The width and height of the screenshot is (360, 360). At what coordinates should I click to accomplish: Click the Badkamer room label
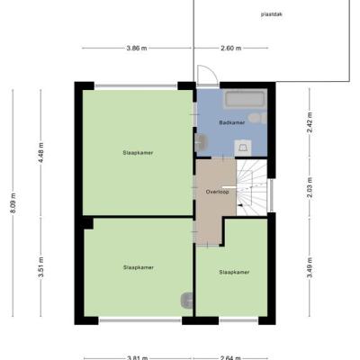pyautogui.click(x=232, y=122)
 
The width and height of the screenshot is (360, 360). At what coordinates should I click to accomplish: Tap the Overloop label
pyautogui.click(x=217, y=192)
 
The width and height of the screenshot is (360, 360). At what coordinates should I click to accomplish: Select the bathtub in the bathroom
pyautogui.click(x=246, y=99)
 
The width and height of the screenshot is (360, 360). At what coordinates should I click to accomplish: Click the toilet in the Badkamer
pyautogui.click(x=257, y=118)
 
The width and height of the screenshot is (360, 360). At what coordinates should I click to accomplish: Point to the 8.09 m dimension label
pyautogui.click(x=13, y=203)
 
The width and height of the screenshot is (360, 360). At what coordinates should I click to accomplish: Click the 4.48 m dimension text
pyautogui.click(x=41, y=152)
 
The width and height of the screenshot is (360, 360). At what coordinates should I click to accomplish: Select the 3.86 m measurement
pyautogui.click(x=137, y=48)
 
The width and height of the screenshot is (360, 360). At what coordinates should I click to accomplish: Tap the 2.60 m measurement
pyautogui.click(x=231, y=48)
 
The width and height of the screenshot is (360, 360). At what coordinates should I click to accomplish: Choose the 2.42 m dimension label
pyautogui.click(x=310, y=122)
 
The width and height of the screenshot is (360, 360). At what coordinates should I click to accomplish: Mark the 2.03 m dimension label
pyautogui.click(x=310, y=187)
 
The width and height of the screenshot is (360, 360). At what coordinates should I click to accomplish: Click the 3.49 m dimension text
pyautogui.click(x=310, y=267)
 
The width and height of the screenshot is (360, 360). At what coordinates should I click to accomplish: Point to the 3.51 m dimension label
pyautogui.click(x=41, y=267)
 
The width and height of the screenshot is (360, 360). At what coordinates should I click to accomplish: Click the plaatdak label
pyautogui.click(x=272, y=14)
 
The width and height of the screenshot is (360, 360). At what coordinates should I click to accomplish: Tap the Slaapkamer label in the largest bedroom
pyautogui.click(x=138, y=153)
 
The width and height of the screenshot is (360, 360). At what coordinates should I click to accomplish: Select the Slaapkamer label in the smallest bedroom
pyautogui.click(x=234, y=273)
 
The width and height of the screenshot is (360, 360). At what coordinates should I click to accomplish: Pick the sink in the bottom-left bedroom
pyautogui.click(x=186, y=300)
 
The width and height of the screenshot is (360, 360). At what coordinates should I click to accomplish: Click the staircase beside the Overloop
pyautogui.click(x=252, y=187)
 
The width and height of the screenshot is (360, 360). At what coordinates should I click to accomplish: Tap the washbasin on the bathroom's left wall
pyautogui.click(x=201, y=142)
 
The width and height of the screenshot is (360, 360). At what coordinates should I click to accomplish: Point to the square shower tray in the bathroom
pyautogui.click(x=243, y=148)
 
